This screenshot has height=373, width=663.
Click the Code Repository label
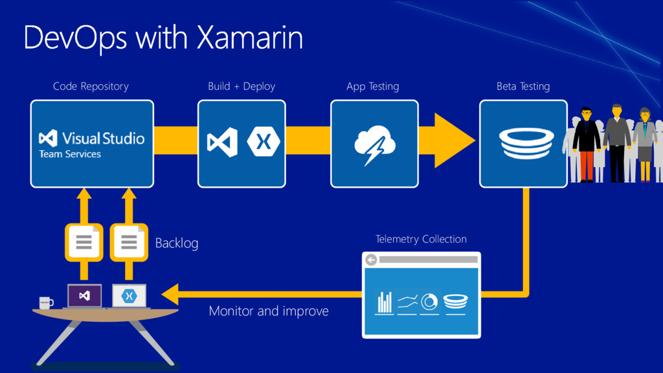coord(91,86)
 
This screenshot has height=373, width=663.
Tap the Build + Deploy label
coord(242,86)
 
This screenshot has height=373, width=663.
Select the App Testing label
coord(372,86)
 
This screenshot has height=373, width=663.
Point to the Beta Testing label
coord(523,86)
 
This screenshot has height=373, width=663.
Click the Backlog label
coord(177,243)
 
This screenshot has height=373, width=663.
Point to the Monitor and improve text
coord(269,311)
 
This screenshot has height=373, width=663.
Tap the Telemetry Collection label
coord(421,240)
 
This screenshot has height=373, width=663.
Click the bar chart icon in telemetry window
coord(385,302)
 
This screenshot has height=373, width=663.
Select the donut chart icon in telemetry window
coord(429,302)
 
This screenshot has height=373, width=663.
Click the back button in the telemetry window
coord(371,260)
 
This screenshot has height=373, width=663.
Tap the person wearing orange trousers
coord(586,146)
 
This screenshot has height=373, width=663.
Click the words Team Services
coord(70,154)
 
